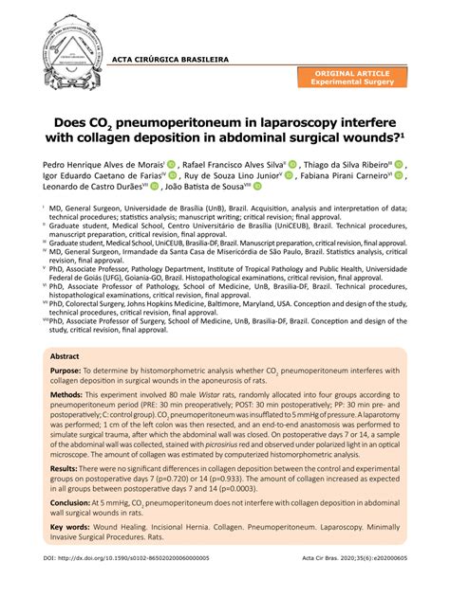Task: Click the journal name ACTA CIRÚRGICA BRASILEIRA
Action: [x=171, y=58]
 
